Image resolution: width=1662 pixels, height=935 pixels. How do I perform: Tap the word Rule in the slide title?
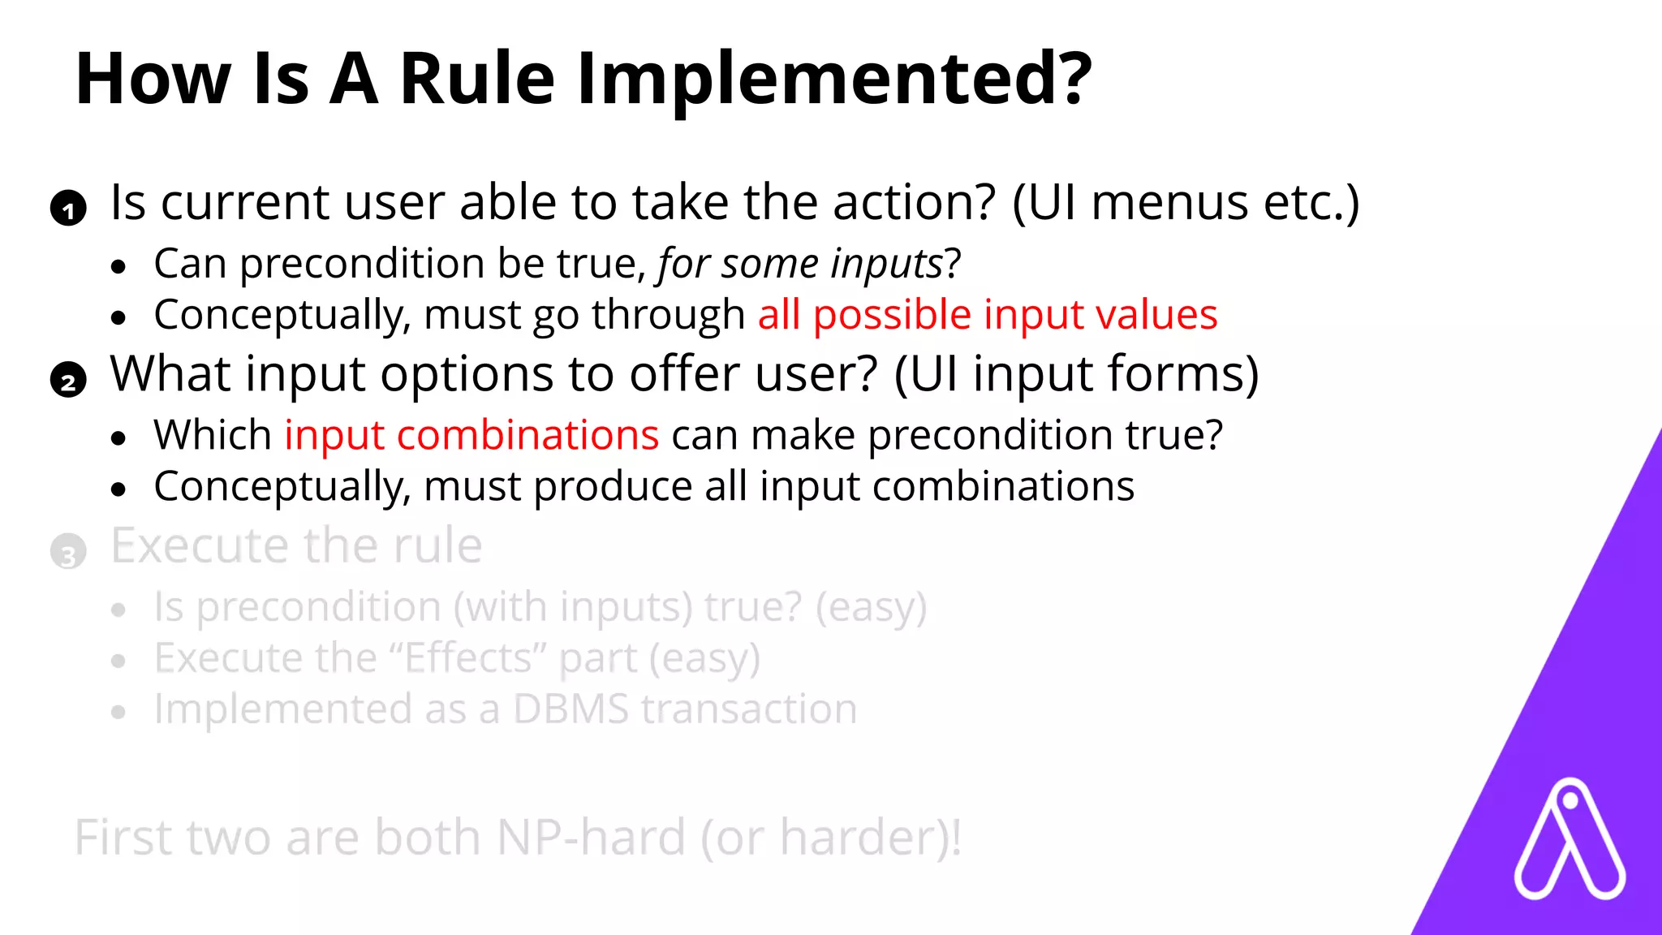477,80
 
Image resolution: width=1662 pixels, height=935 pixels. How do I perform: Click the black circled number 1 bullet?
68,209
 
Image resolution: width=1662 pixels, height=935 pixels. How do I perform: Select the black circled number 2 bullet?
68,381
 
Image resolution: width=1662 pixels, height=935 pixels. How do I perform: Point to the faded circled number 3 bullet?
68,553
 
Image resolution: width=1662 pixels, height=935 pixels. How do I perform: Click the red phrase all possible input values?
987,315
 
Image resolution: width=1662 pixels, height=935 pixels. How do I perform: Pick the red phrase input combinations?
471,435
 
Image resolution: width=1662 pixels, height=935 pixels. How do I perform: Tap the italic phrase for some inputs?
799,265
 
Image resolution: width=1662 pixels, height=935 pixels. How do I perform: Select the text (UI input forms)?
1076,374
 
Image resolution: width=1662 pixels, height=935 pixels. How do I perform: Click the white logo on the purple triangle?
1569,841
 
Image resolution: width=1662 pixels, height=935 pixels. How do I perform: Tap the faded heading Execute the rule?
296,545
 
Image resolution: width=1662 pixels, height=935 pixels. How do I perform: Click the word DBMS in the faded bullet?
571,709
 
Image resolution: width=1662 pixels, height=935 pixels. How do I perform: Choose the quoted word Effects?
470,658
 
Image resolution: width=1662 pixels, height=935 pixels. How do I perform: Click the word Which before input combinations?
213,435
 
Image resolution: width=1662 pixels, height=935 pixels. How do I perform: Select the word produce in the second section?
614,487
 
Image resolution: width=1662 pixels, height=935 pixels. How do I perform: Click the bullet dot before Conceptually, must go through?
119,317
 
